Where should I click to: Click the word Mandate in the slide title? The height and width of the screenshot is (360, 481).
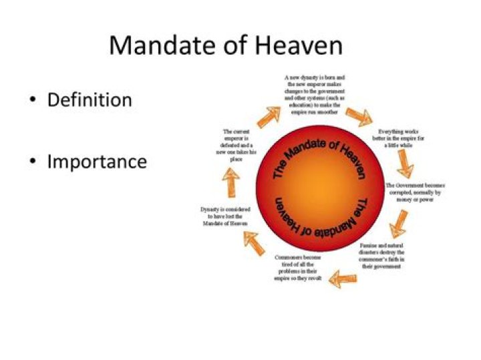tap(156, 45)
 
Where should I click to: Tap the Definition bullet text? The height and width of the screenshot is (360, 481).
tap(90, 100)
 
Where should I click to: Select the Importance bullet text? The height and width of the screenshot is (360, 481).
tap(97, 162)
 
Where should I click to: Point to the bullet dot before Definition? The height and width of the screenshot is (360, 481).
tap(31, 101)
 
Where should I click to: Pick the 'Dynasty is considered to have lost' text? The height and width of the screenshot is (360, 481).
tap(226, 217)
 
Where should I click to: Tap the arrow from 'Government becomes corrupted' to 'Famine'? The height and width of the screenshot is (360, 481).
tap(398, 222)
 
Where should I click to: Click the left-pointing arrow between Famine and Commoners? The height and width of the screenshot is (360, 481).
tap(343, 276)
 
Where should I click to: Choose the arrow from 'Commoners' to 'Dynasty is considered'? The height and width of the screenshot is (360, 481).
tap(254, 242)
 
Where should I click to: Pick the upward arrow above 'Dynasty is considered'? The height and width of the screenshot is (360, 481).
tap(231, 180)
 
